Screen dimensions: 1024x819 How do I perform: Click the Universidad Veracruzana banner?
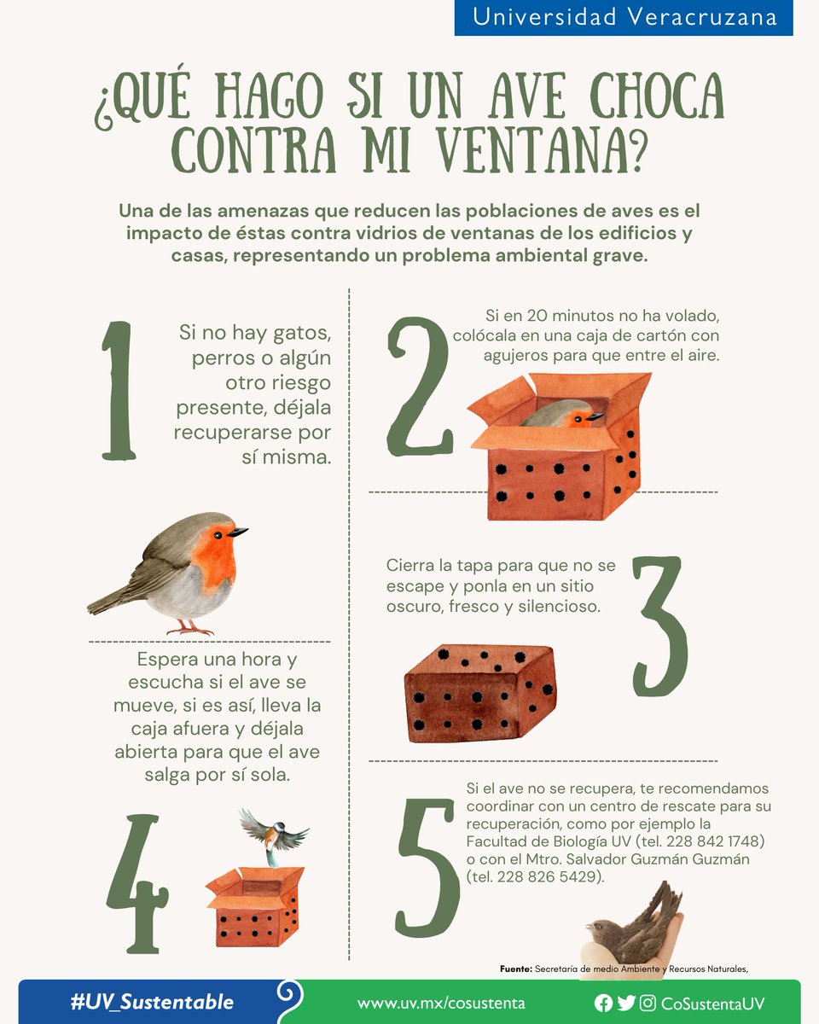tap(624, 17)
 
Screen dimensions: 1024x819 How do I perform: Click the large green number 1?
tap(118, 390)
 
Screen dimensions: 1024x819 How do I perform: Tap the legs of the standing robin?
tap(189, 627)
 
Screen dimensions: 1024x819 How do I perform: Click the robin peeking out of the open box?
tap(563, 415)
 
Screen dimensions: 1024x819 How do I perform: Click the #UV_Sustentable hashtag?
tap(152, 1002)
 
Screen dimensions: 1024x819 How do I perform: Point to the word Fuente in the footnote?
tap(515, 969)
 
